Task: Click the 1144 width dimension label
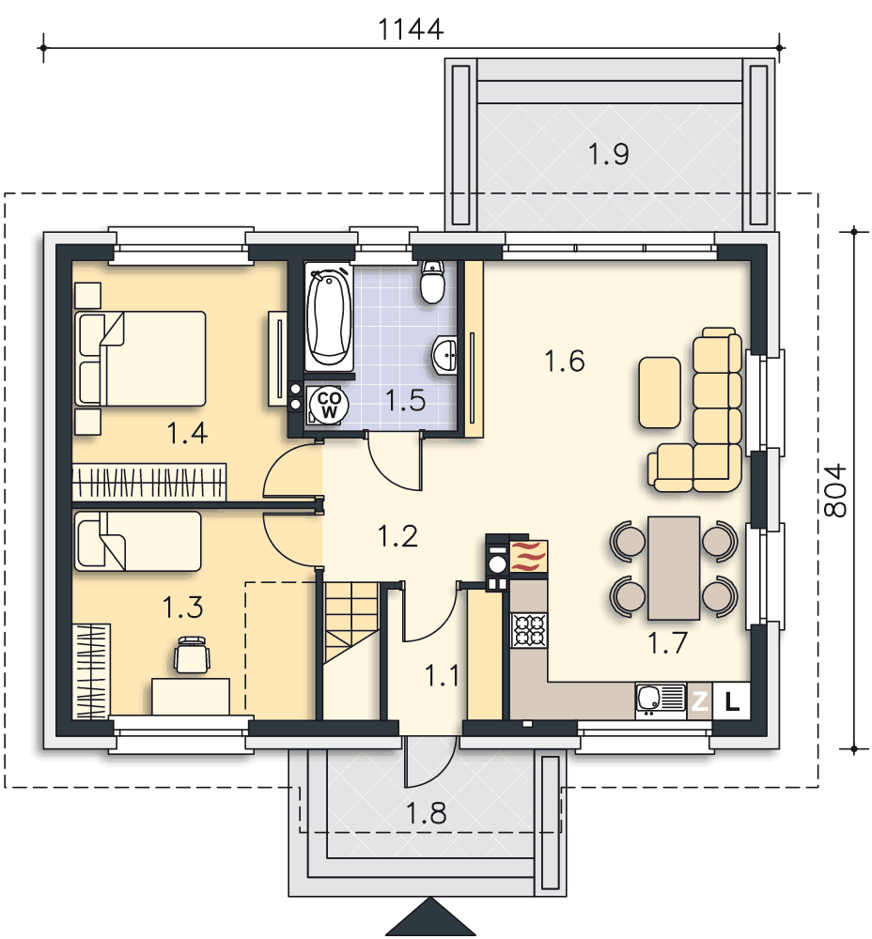click(412, 29)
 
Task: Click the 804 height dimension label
click(835, 489)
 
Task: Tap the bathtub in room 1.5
click(329, 316)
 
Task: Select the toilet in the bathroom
click(432, 282)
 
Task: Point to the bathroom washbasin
click(444, 354)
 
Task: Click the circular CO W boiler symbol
click(329, 405)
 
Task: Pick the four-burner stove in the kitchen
click(529, 630)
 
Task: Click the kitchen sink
click(661, 700)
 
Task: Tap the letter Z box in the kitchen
click(699, 700)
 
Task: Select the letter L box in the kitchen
click(731, 700)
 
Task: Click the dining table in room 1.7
click(675, 568)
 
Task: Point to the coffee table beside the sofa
click(660, 393)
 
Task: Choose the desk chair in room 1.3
click(192, 654)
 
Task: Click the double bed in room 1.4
click(141, 359)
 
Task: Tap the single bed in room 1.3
click(138, 541)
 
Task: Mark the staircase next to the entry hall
click(351, 622)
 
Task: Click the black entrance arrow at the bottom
click(430, 918)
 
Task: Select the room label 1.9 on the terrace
click(608, 154)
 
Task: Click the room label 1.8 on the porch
click(426, 813)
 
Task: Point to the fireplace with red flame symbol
click(528, 558)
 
